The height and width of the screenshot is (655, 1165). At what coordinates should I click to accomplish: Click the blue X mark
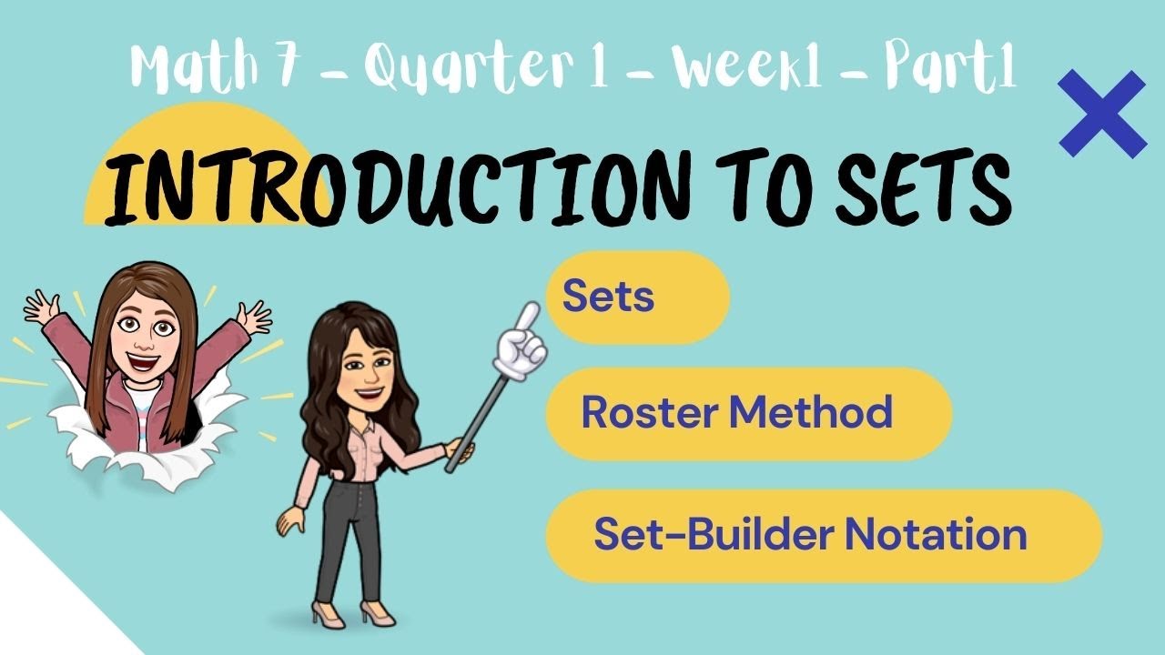tap(1102, 115)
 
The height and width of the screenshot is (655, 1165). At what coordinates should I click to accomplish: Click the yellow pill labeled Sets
tap(637, 297)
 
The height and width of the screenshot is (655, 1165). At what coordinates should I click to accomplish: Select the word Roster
tap(647, 413)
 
